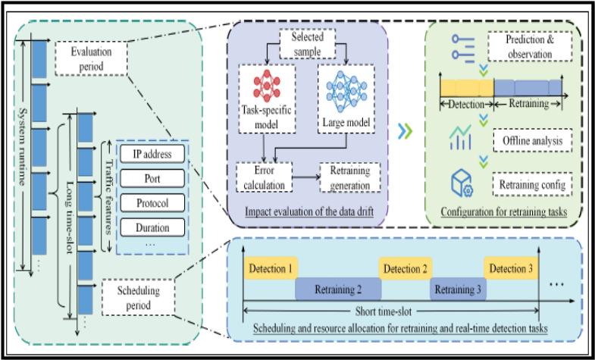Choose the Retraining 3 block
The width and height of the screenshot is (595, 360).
click(458, 289)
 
